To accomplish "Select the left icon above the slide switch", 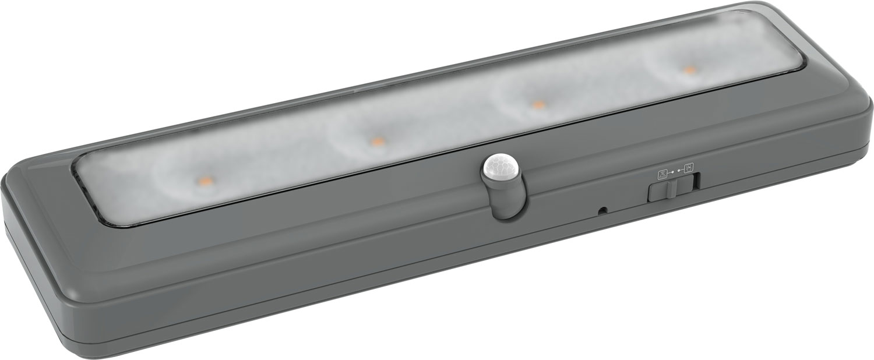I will (x=662, y=173).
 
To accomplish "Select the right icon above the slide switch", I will (x=688, y=168).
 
